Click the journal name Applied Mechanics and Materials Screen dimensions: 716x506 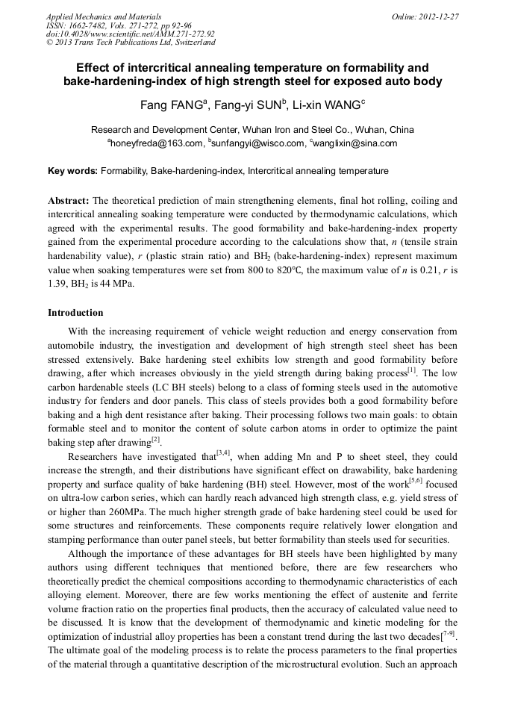(103, 16)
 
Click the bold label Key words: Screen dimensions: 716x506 (72, 171)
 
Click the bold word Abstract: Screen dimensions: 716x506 (69, 201)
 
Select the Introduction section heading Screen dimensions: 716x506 (75, 312)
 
